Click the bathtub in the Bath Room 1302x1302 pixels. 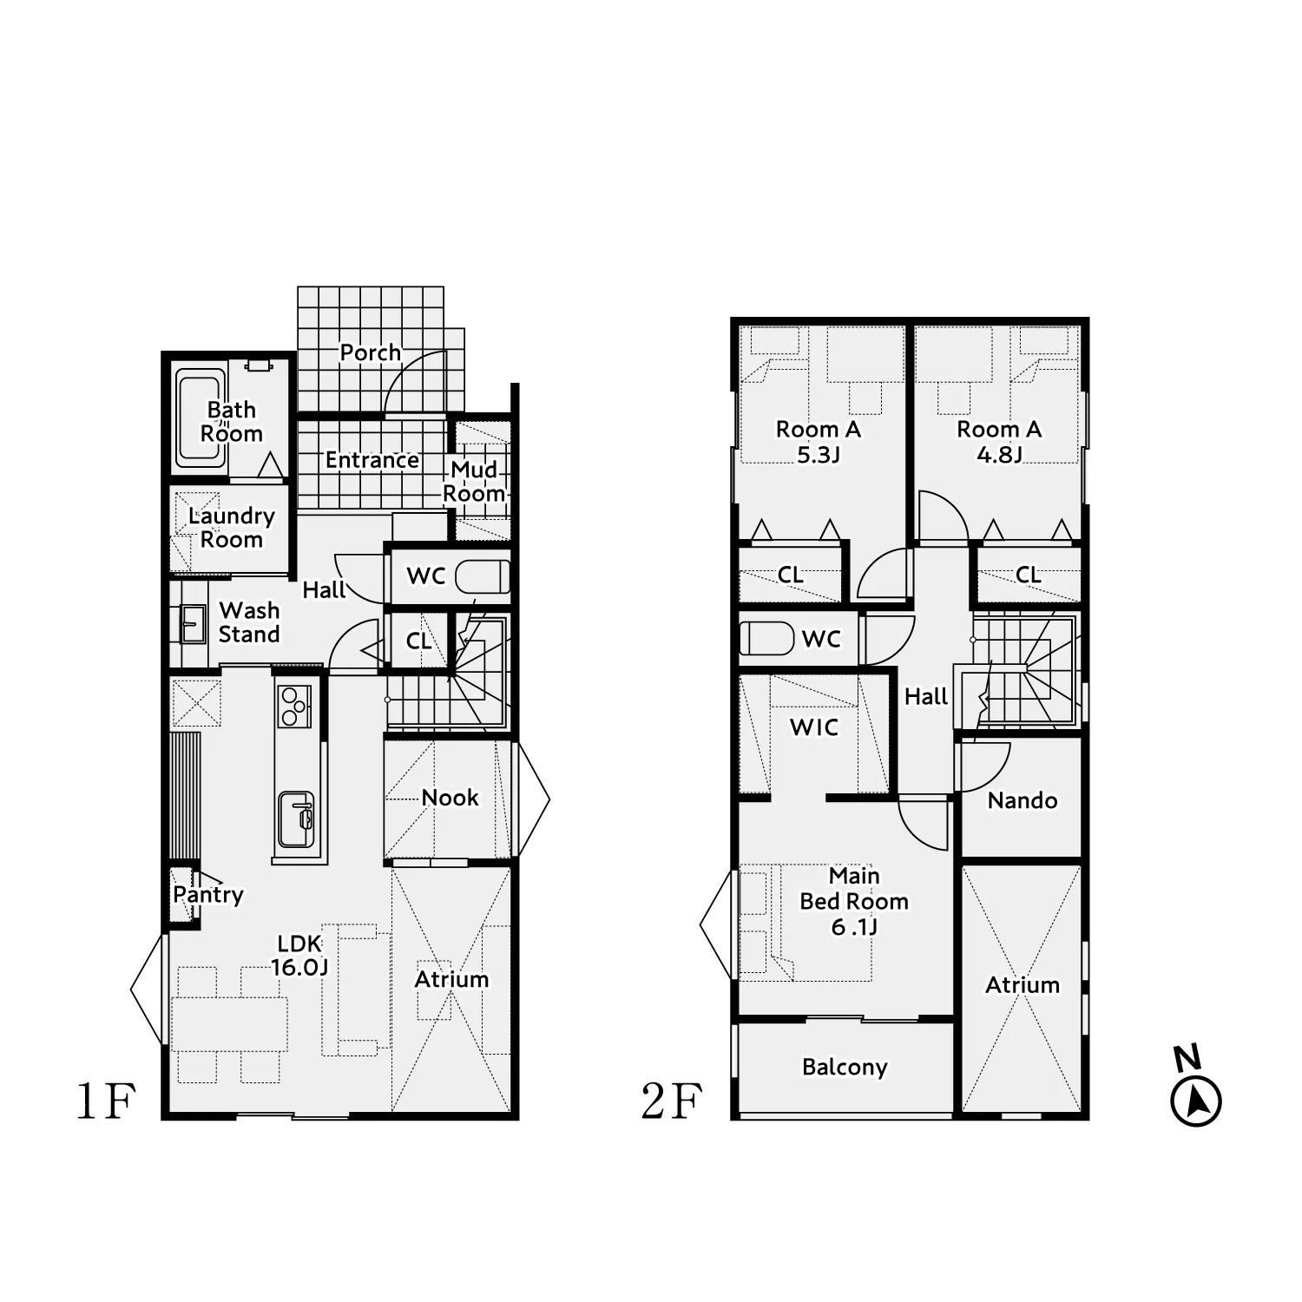click(x=201, y=418)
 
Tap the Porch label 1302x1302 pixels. click(x=371, y=352)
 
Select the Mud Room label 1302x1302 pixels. click(x=474, y=481)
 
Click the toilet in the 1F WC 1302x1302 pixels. click(x=481, y=576)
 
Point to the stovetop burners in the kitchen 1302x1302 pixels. click(x=294, y=706)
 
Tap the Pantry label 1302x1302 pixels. click(x=208, y=895)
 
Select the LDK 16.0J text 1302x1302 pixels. click(x=299, y=955)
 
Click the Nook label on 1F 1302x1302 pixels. click(x=450, y=797)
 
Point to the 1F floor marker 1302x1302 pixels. click(x=106, y=1101)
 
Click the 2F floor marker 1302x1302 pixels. click(x=671, y=1101)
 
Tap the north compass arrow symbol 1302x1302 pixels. click(x=1196, y=1101)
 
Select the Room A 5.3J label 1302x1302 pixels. click(x=819, y=441)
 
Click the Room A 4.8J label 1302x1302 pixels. click(x=999, y=441)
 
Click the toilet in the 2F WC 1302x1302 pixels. click(x=766, y=638)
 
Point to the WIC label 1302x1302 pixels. click(x=814, y=727)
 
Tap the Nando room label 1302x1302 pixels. click(x=1023, y=800)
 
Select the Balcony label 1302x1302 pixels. click(x=845, y=1067)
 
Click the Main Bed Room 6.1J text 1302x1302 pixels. click(x=854, y=901)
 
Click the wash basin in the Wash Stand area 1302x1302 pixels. click(x=193, y=622)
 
